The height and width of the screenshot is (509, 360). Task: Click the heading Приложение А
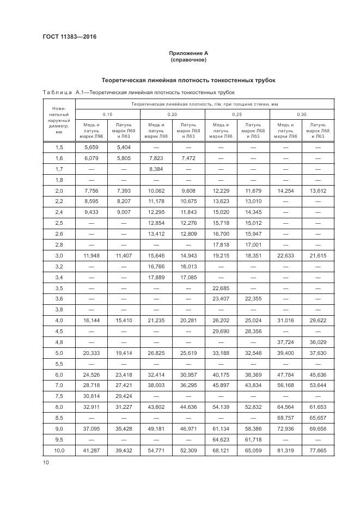tap(189, 53)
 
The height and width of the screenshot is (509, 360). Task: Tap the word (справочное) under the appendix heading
tap(189, 59)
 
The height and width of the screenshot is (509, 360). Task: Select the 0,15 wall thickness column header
tap(107, 114)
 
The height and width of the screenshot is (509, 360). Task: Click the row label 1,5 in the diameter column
tap(59, 148)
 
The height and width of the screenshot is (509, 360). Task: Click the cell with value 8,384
tap(156, 169)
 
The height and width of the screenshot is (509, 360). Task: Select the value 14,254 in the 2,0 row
tap(285, 191)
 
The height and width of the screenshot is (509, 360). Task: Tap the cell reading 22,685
tap(221, 288)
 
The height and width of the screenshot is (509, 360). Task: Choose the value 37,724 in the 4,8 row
tap(285, 342)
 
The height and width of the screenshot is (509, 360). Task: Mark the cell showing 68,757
tap(285, 418)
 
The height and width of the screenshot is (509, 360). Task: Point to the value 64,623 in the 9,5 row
tap(221, 439)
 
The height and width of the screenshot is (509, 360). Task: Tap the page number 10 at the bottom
tap(45, 462)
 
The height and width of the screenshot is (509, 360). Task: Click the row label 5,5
tap(59, 363)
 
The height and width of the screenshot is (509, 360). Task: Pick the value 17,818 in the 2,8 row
tap(221, 244)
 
